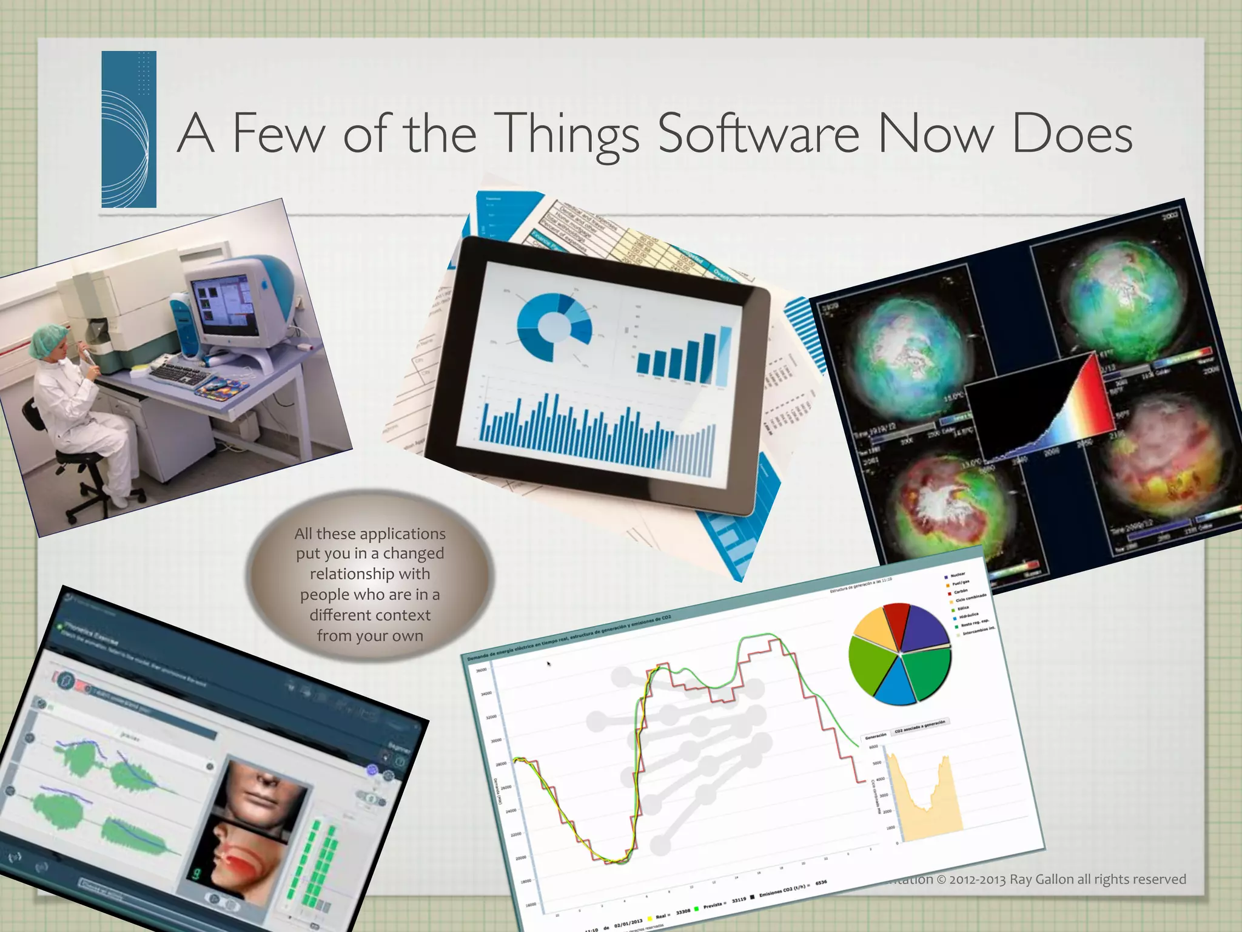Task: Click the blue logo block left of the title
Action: [x=129, y=129]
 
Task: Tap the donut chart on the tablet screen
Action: [x=554, y=328]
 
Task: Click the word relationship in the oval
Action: [x=370, y=574]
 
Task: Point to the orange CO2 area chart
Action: [x=925, y=804]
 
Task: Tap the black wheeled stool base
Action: [x=91, y=507]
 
